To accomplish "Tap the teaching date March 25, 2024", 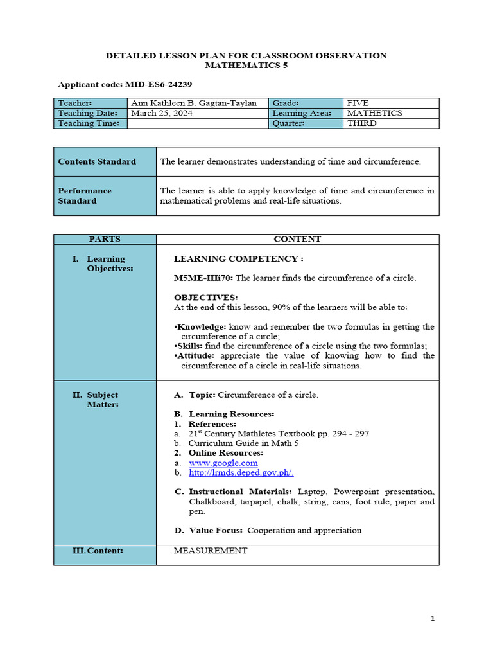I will pyautogui.click(x=161, y=113).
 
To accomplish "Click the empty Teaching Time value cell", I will pyautogui.click(x=197, y=123).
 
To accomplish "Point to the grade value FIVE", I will pyautogui.click(x=358, y=103).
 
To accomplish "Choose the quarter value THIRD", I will pyautogui.click(x=361, y=123).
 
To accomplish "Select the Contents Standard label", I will pyautogui.click(x=97, y=161).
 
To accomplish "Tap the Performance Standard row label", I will pyautogui.click(x=85, y=195).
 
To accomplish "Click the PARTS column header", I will pyautogui.click(x=105, y=239).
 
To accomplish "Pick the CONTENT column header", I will pyautogui.click(x=297, y=239).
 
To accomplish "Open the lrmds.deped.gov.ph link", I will pyautogui.click(x=241, y=472).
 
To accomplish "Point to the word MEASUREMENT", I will pyautogui.click(x=211, y=551).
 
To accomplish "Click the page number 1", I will pyautogui.click(x=433, y=619).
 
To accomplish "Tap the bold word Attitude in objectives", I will pyautogui.click(x=198, y=355).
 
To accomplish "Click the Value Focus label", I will pyautogui.click(x=216, y=530).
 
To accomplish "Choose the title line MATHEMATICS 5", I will pyautogui.click(x=246, y=66).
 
